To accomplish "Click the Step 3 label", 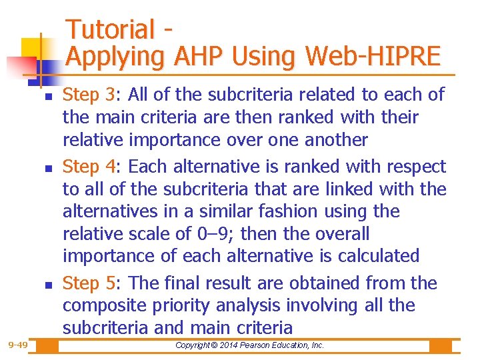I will tap(88, 95).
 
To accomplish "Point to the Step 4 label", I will tap(88, 167).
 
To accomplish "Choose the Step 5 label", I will tap(88, 283).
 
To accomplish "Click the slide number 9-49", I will tap(18, 345).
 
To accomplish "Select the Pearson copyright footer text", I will tap(249, 345).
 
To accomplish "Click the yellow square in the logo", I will tap(31, 48).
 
